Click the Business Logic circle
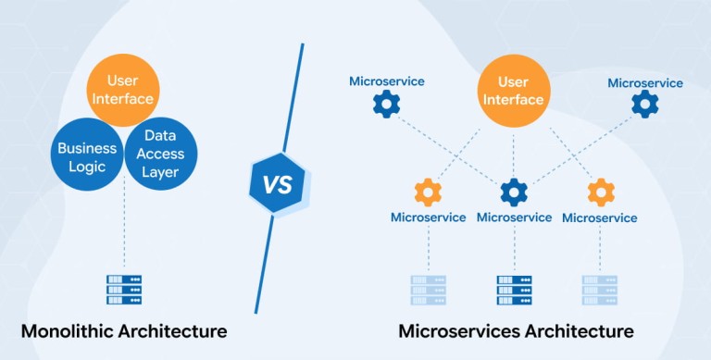tap(87, 155)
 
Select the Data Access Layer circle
tap(160, 155)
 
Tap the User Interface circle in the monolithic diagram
tap(123, 90)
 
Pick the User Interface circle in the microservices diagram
tap(514, 90)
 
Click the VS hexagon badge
tap(278, 183)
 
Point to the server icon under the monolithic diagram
tap(124, 290)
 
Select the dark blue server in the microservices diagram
tap(514, 291)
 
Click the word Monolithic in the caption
tap(67, 331)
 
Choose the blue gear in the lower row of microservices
tap(514, 192)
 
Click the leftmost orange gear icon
tap(428, 192)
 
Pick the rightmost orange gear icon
tap(601, 192)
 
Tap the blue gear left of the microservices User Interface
tap(386, 105)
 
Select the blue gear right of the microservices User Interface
tap(644, 104)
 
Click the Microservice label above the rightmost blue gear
tap(645, 83)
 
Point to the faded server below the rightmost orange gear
tap(600, 291)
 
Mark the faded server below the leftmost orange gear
tap(428, 291)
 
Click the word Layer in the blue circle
tap(160, 173)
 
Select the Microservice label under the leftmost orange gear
tap(428, 217)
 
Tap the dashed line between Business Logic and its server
tap(124, 222)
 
